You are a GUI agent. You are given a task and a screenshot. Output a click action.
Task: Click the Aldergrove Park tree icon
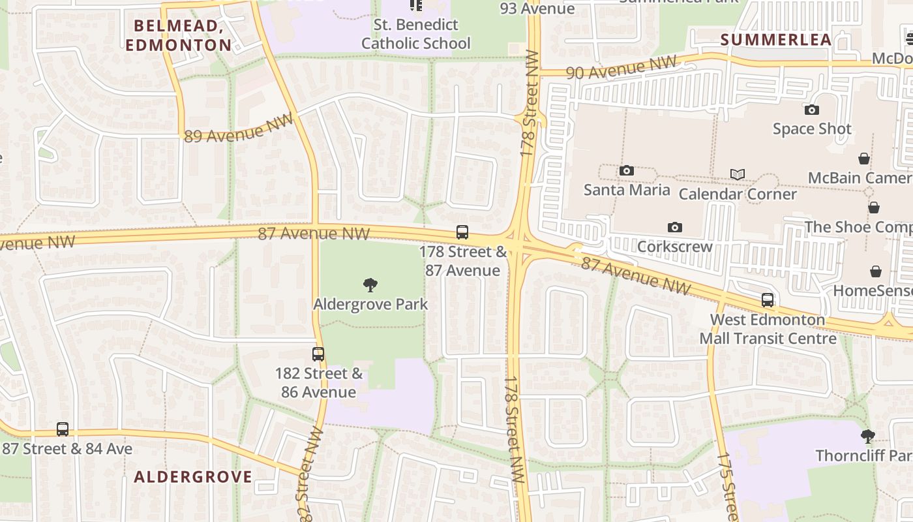point(370,284)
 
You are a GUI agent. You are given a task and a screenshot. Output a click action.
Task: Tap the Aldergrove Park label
point(370,304)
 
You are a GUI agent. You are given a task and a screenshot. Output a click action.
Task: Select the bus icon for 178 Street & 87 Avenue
point(462,232)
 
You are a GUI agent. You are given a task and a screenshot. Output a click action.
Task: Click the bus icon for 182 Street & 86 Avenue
point(318,354)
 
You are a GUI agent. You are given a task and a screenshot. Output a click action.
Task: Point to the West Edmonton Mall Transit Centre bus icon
point(768,300)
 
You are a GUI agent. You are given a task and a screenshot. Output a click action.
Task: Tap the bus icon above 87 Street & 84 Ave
point(63,429)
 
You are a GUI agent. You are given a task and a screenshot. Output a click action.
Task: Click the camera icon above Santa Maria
point(627,171)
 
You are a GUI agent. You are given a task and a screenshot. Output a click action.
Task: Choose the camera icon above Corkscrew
point(675,228)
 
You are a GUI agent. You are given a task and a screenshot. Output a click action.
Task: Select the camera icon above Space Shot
point(812,110)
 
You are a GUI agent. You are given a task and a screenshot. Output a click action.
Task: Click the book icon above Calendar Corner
point(738,175)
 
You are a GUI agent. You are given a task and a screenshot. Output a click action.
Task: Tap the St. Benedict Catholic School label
point(415,35)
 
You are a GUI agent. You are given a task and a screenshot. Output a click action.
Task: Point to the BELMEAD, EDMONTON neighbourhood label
point(178,35)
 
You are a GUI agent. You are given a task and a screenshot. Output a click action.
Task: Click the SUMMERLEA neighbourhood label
point(776,39)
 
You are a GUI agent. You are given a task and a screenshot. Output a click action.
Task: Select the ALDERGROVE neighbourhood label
point(193,476)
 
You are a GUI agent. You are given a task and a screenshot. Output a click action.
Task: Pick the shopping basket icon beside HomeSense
point(876,271)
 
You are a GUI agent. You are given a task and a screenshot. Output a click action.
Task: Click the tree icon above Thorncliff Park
point(867,435)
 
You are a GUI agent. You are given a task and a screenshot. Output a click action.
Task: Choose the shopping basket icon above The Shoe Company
point(874,207)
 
